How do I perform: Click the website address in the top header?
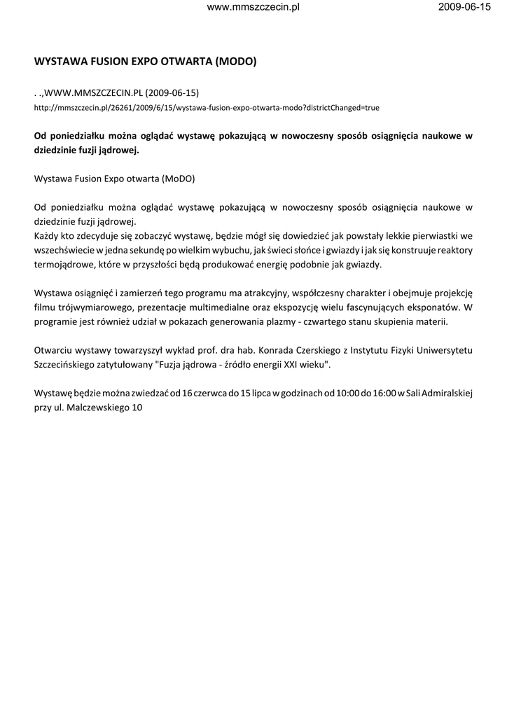[x=254, y=7]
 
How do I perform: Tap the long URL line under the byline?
[x=207, y=109]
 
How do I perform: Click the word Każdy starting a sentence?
[x=48, y=236]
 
